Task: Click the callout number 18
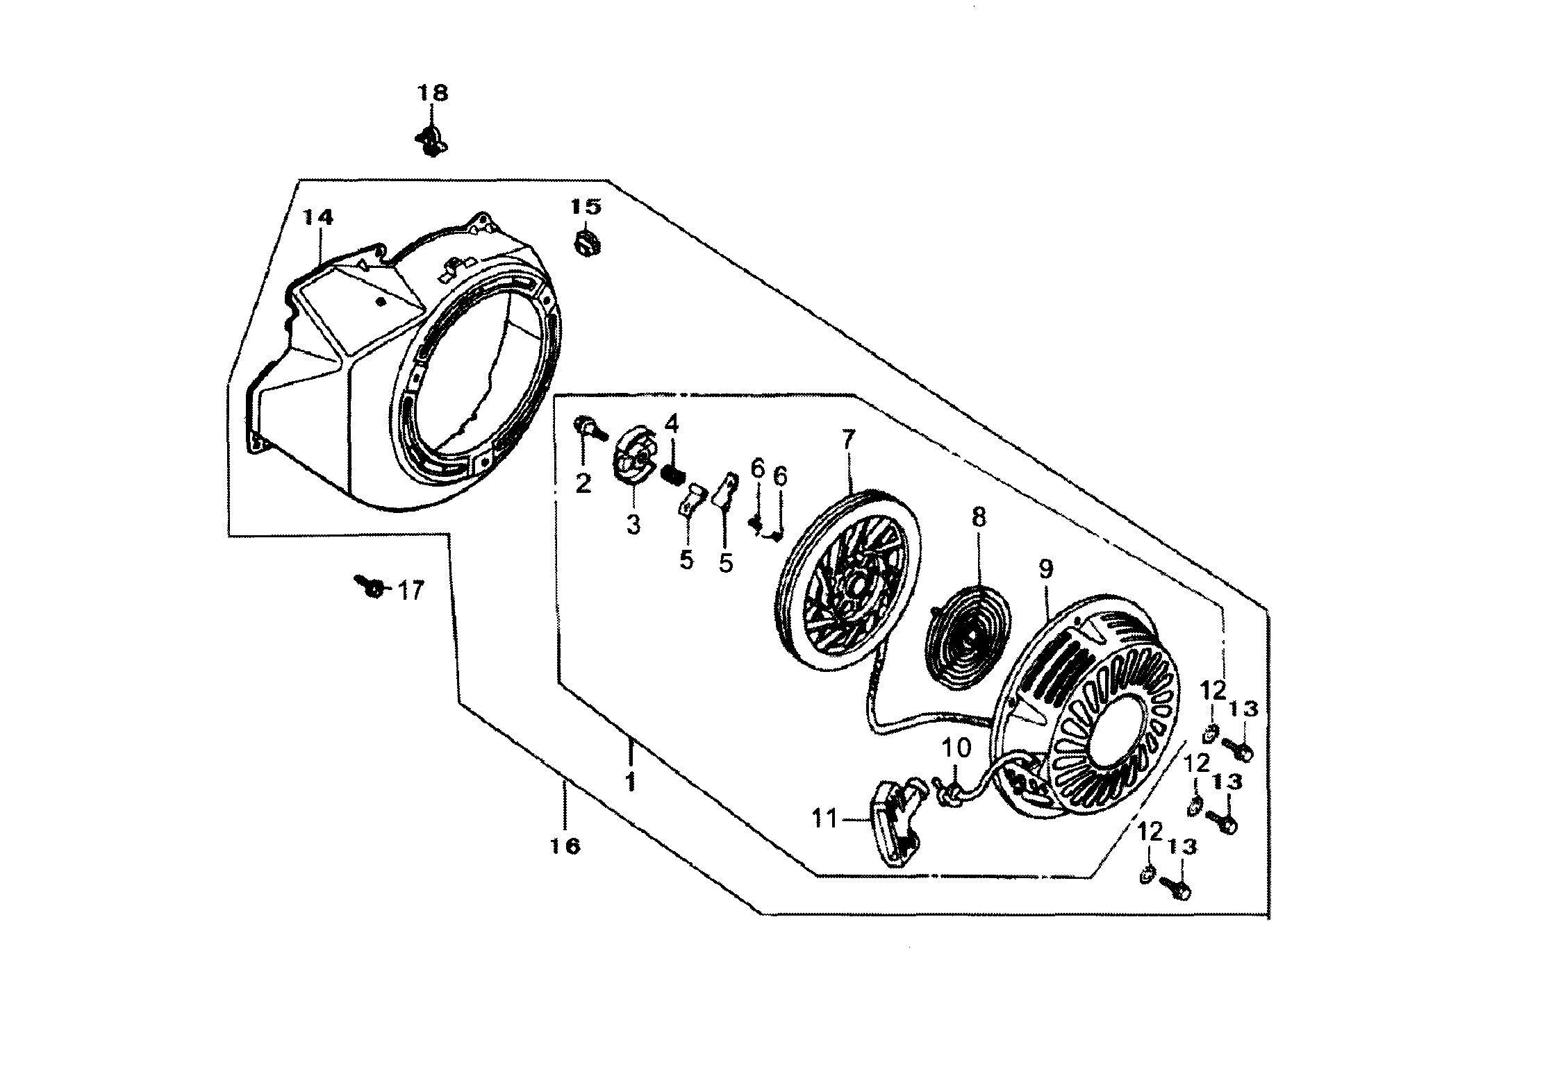(x=432, y=93)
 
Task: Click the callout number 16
(x=566, y=846)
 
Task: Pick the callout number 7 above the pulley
(x=849, y=439)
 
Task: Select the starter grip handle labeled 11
(x=895, y=825)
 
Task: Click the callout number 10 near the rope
(x=956, y=748)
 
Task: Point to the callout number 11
(x=826, y=820)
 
